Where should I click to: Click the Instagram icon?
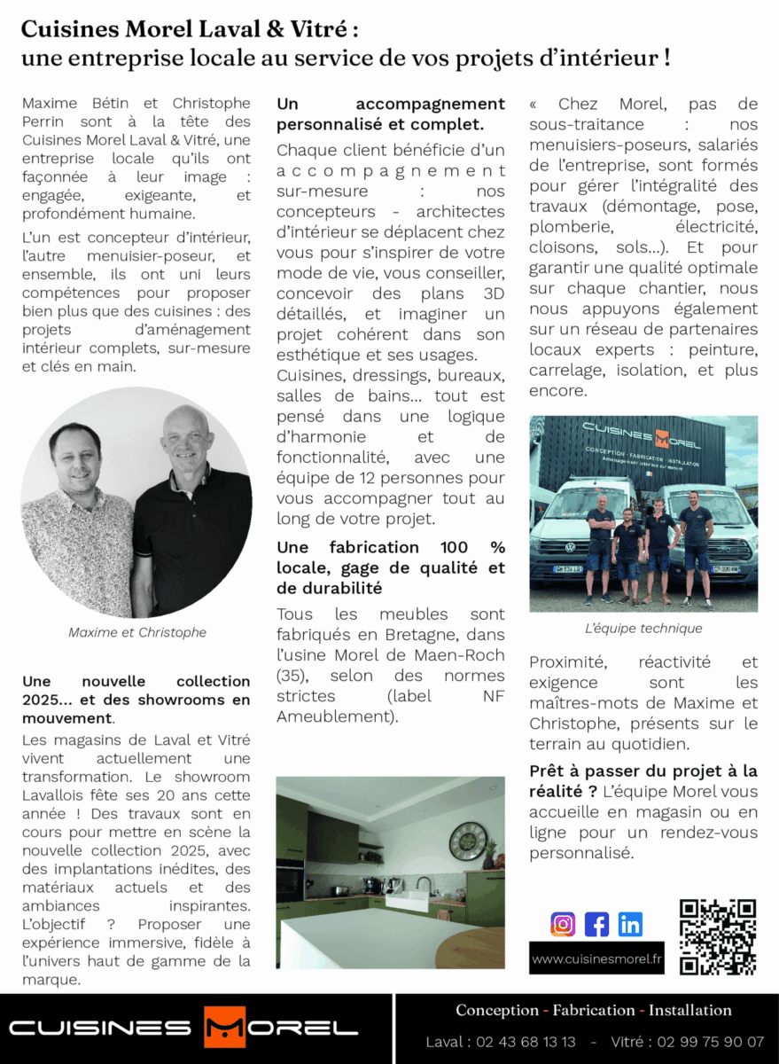tap(563, 924)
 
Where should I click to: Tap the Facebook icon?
tap(596, 924)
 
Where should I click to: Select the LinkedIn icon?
tap(630, 924)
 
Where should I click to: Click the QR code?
tap(717, 936)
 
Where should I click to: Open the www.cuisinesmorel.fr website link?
tap(596, 958)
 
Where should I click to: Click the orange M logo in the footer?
tap(224, 1029)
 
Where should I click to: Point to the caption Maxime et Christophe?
tap(137, 632)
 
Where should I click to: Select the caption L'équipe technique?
tap(643, 628)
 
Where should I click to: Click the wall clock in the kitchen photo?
tap(467, 841)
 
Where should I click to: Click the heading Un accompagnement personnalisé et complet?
tap(391, 114)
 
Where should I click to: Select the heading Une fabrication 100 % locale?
tap(391, 567)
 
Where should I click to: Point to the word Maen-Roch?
tap(461, 654)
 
